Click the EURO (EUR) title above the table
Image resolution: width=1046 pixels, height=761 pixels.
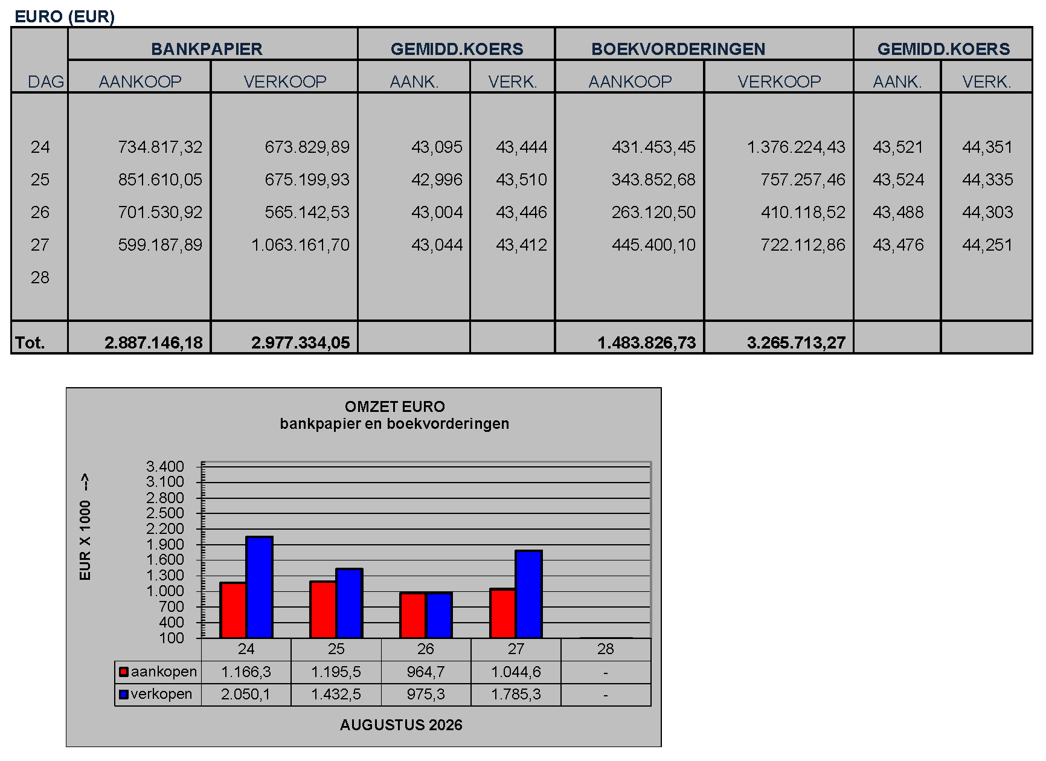tap(65, 16)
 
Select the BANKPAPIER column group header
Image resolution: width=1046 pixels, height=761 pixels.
tap(207, 49)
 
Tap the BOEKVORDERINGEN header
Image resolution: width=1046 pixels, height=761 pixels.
tap(678, 49)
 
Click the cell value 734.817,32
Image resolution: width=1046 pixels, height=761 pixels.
tap(160, 147)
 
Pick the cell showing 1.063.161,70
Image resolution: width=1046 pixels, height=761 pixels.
tap(300, 245)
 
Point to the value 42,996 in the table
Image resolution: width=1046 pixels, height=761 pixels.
tap(437, 179)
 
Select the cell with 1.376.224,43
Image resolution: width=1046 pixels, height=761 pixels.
tap(796, 147)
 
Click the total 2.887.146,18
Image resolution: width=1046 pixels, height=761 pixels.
tap(153, 342)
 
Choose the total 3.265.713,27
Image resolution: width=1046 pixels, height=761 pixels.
tap(796, 342)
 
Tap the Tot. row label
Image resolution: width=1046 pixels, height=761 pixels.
tap(30, 342)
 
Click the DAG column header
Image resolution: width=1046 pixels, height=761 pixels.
tap(46, 82)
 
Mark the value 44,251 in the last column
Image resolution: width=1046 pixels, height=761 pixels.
tap(987, 245)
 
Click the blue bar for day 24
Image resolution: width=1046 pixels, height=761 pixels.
tap(259, 587)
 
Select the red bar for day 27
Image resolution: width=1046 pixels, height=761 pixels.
tap(502, 613)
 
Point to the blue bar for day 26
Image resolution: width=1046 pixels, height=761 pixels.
tap(439, 615)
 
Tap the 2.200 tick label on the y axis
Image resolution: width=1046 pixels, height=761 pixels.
tap(165, 528)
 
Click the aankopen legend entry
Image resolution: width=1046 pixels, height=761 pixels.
tap(158, 672)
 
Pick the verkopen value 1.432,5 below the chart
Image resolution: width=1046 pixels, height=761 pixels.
tap(336, 694)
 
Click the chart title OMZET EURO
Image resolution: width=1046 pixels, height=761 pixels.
tap(394, 406)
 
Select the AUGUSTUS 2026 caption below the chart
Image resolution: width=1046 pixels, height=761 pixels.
tap(401, 725)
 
